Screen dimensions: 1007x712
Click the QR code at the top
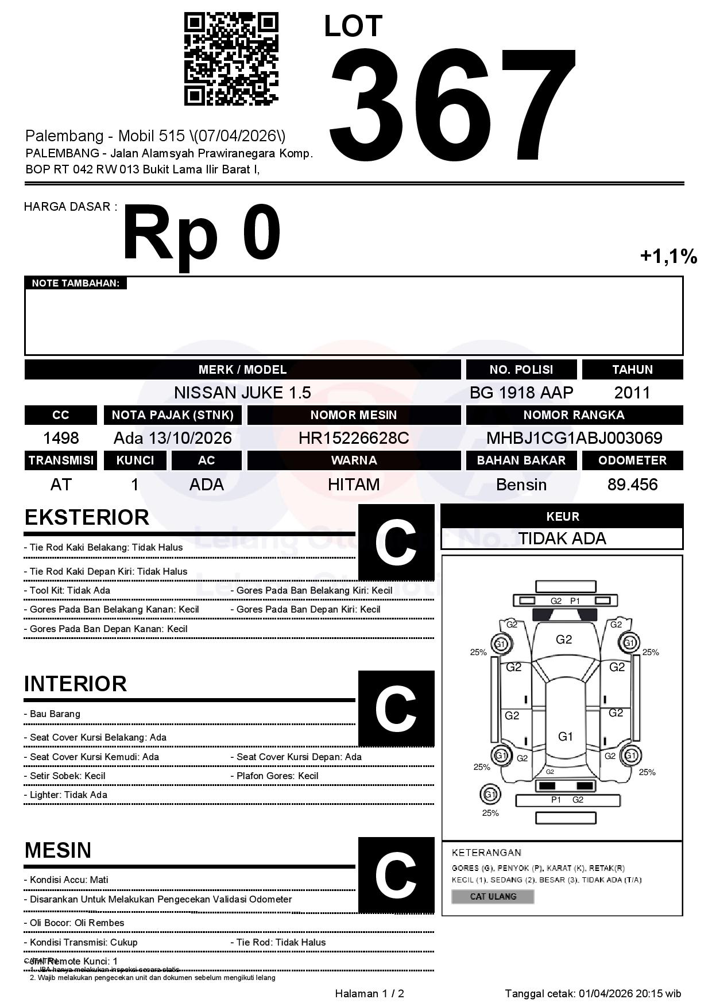tap(231, 59)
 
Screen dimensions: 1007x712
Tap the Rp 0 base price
tap(202, 234)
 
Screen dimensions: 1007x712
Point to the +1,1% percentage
tap(668, 256)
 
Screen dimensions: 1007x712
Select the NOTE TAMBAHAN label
tap(76, 283)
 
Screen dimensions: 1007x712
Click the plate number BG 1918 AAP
tap(521, 393)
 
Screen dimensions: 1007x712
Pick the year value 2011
tap(632, 393)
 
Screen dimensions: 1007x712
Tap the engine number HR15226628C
tap(354, 438)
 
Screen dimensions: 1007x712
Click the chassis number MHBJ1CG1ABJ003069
tap(574, 438)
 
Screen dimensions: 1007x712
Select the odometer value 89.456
tap(632, 485)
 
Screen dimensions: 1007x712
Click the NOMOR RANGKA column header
tap(574, 415)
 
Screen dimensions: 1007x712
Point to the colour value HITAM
tap(354, 485)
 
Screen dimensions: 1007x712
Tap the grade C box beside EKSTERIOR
tap(396, 542)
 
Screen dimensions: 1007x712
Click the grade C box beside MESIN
tap(396, 875)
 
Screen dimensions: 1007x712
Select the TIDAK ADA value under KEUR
tap(562, 539)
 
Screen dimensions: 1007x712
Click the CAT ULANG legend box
tap(493, 896)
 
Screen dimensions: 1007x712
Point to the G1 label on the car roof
tap(566, 737)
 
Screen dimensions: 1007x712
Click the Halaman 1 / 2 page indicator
tap(369, 994)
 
